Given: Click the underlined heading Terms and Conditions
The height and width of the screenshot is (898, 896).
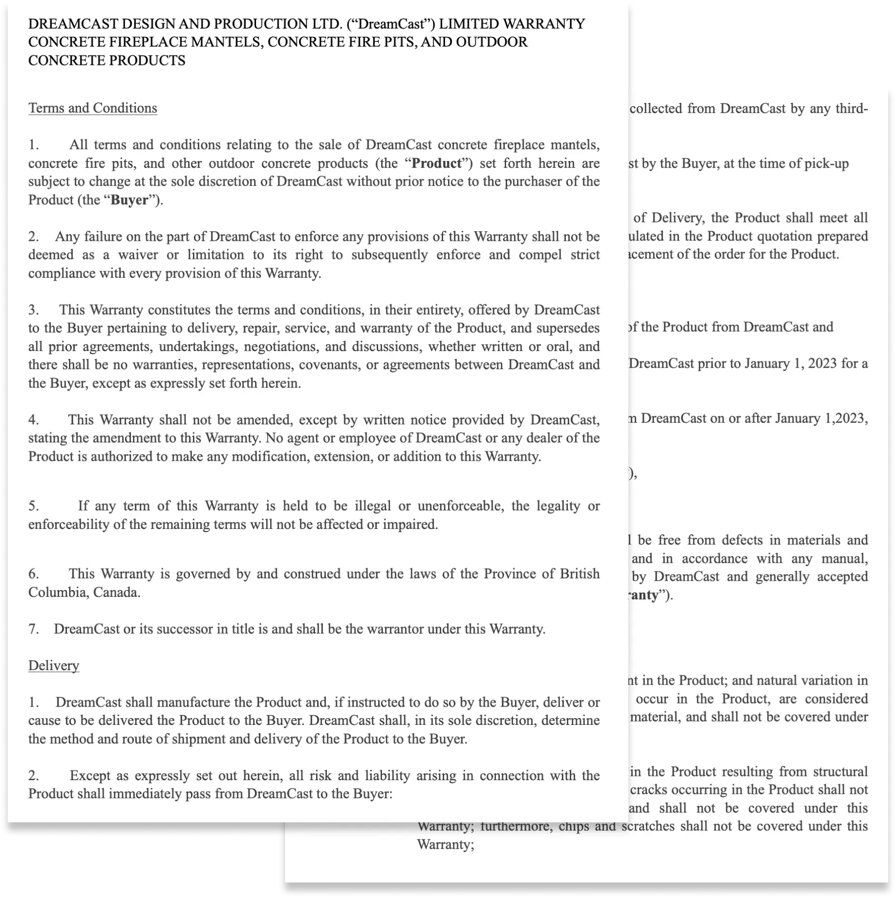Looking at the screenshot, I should click(93, 108).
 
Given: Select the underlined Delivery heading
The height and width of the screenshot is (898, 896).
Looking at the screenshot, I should click(53, 665).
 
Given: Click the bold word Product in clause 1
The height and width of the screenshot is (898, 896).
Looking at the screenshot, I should click(436, 163).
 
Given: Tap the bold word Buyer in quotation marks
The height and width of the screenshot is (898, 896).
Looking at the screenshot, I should click(129, 200).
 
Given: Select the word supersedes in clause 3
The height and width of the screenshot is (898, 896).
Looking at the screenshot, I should click(569, 328).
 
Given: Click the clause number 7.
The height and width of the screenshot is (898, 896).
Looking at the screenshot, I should click(33, 629).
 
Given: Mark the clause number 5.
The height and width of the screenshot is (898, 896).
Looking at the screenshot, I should click(33, 506).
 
